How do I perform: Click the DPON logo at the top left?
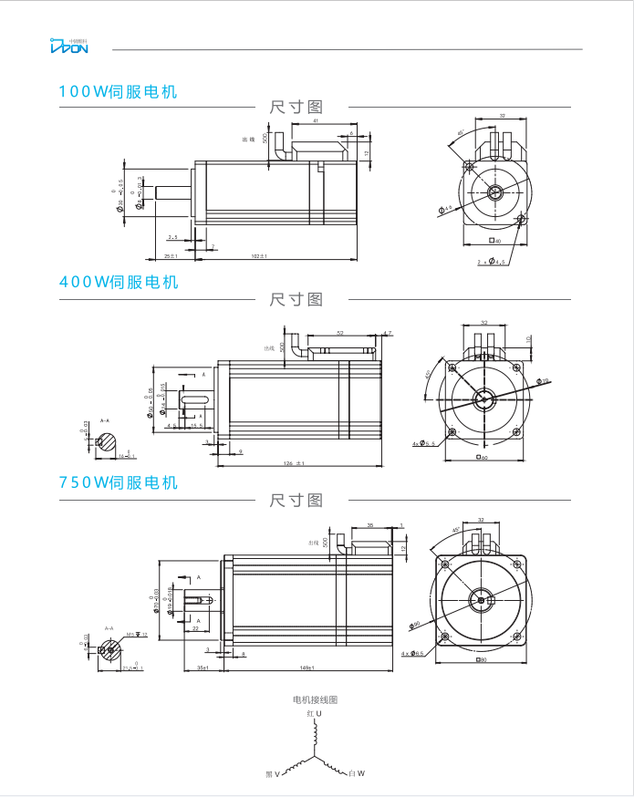point(68,47)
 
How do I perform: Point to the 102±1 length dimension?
point(259,256)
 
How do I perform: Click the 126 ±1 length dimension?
point(294,463)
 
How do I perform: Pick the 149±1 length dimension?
point(306,668)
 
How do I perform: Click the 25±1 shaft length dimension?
point(171,256)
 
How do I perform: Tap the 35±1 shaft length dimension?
point(203,668)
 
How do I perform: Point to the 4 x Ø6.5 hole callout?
point(412,654)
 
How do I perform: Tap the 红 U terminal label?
point(314,713)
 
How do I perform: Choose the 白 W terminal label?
point(357,774)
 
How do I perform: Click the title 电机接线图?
point(315,699)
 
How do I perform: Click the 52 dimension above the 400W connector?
point(340,333)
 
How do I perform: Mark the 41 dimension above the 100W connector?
point(316,121)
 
